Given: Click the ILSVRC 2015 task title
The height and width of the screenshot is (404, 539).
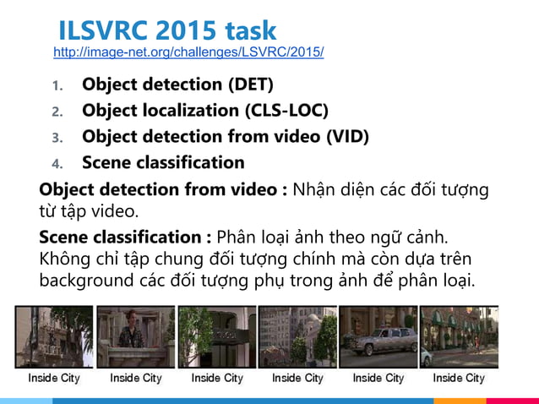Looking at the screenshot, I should (x=166, y=30).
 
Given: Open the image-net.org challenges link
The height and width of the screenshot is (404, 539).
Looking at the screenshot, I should (x=188, y=52).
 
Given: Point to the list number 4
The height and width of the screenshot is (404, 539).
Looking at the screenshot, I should (x=57, y=163).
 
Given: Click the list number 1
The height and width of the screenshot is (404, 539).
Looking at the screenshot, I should (x=57, y=86).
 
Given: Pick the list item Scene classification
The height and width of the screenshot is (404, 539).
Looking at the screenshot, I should (x=163, y=162).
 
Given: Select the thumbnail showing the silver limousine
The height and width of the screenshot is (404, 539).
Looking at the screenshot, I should (x=378, y=336).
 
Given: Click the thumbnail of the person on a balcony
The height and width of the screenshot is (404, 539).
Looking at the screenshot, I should (x=136, y=336).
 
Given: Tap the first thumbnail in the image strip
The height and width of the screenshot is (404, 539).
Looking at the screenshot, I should (x=53, y=336).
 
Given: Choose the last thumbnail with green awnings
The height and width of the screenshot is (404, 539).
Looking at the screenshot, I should (x=459, y=336).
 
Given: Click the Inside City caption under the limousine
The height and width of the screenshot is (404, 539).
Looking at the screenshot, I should (x=378, y=378).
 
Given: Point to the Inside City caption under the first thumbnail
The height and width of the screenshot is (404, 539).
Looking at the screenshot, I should (x=54, y=378).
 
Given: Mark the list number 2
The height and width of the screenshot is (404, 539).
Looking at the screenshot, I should (x=57, y=112).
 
